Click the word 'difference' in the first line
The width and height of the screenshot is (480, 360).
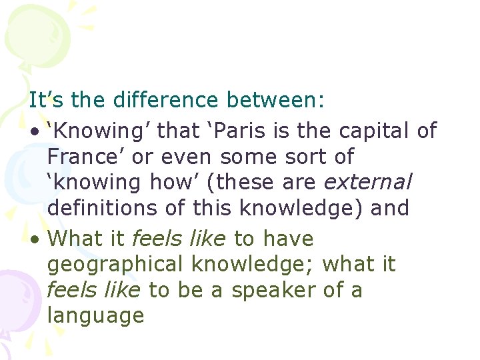click(x=166, y=101)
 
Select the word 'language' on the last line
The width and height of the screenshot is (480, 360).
click(x=95, y=315)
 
